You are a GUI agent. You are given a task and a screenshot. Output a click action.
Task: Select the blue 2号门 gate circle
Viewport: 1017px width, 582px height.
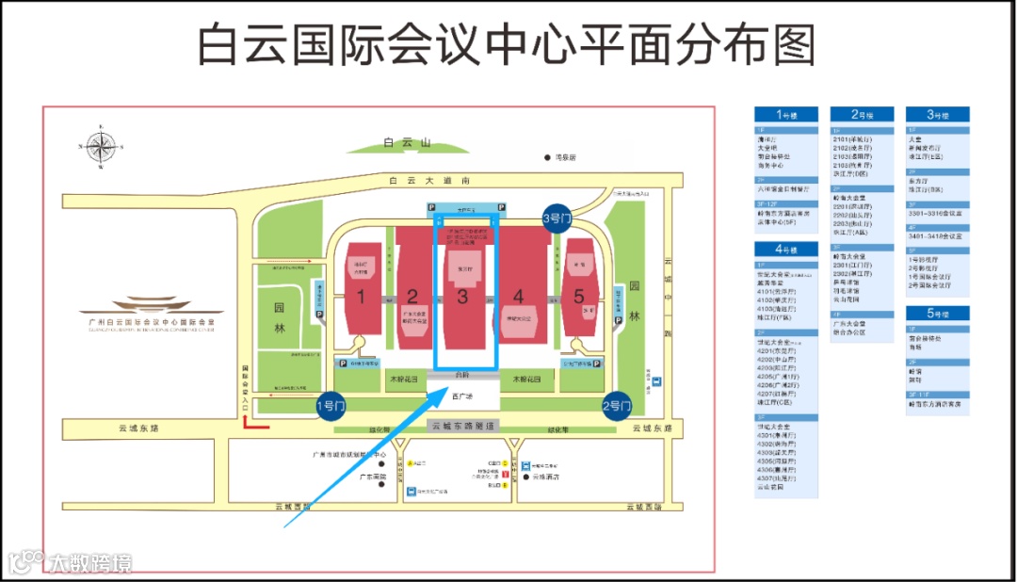pos(617,407)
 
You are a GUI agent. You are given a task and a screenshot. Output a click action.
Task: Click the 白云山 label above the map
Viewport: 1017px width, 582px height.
pos(406,143)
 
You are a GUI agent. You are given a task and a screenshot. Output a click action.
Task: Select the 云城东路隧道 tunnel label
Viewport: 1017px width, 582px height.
pos(463,427)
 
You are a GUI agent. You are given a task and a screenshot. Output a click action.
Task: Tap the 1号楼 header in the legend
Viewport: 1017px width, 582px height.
pos(785,115)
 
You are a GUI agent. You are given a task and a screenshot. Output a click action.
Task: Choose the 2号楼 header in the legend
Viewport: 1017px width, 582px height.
pos(862,115)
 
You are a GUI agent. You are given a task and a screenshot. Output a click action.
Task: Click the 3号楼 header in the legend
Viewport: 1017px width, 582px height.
pos(937,115)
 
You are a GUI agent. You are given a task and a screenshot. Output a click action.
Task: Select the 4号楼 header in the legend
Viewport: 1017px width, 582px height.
pos(785,250)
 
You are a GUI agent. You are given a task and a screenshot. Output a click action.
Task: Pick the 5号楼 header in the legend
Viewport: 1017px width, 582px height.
pos(937,314)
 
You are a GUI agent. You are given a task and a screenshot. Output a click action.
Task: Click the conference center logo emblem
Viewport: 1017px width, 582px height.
pos(151,306)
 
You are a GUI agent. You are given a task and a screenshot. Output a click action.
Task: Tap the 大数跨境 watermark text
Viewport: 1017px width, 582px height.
pos(92,563)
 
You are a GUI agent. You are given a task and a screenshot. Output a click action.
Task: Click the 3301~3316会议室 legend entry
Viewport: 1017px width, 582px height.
pos(936,213)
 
